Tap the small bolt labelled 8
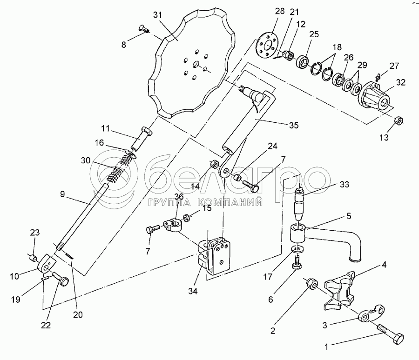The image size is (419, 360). coord(144,29)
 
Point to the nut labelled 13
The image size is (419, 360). coord(399,120)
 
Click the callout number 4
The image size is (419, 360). coord(384,266)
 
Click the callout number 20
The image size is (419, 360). coord(78,314)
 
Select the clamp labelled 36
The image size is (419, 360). coord(173,225)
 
